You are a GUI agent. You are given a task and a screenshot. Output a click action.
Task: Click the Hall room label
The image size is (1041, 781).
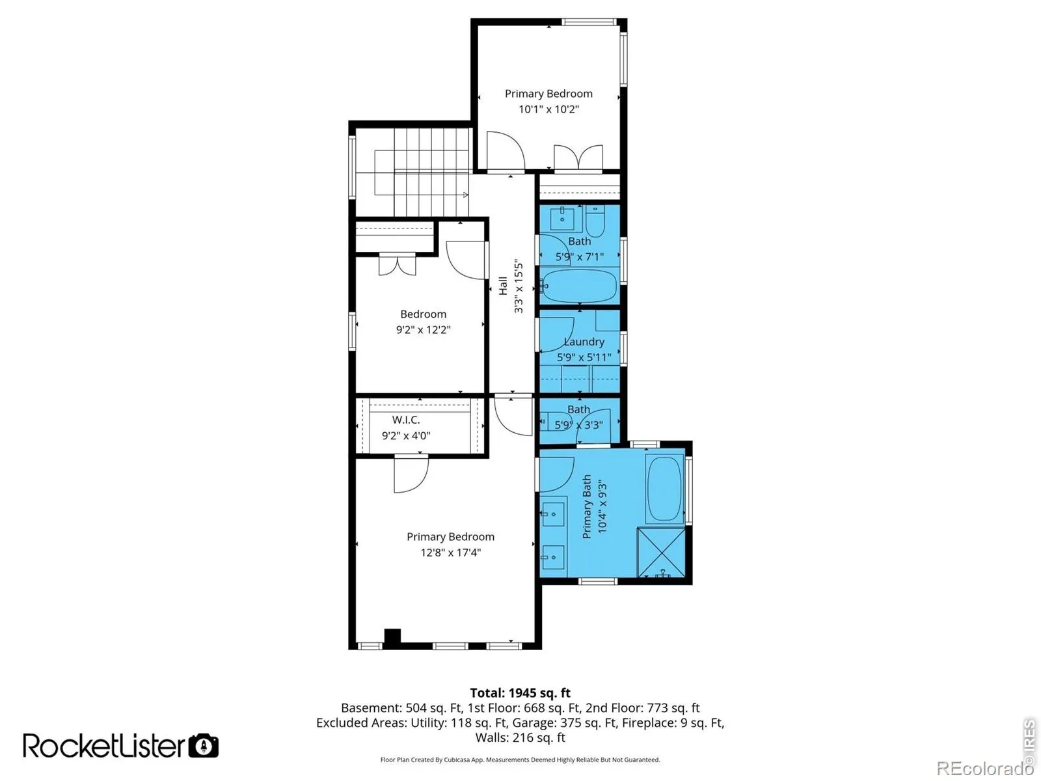pyautogui.click(x=503, y=286)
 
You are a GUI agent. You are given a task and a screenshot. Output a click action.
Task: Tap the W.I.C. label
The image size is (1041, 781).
pyautogui.click(x=405, y=420)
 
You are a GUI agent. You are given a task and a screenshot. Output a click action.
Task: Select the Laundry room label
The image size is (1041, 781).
pyautogui.click(x=584, y=342)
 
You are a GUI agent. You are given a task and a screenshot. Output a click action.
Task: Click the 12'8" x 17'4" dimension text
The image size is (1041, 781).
pyautogui.click(x=450, y=553)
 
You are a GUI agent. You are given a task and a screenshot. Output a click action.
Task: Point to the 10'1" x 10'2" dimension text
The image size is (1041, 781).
pyautogui.click(x=548, y=109)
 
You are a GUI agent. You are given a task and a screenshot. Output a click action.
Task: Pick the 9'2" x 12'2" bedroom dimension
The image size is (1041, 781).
pyautogui.click(x=423, y=329)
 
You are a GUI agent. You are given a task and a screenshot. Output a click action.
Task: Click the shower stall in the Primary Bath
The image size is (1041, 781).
pyautogui.click(x=662, y=553)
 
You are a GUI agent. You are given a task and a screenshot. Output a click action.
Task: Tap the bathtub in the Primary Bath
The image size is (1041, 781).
pyautogui.click(x=664, y=489)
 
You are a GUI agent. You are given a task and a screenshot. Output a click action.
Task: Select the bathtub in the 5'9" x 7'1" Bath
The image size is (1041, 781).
pyautogui.click(x=580, y=286)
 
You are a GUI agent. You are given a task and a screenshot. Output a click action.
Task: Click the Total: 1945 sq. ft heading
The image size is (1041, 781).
pyautogui.click(x=520, y=692)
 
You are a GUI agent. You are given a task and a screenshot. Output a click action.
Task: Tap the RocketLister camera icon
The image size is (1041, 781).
pyautogui.click(x=204, y=746)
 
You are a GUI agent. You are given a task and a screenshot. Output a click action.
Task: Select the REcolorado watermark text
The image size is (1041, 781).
pyautogui.click(x=985, y=768)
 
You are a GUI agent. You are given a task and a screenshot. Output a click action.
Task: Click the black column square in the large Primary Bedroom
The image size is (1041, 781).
pyautogui.click(x=392, y=637)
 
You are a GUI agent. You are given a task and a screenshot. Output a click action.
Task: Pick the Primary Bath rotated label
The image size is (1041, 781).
pyautogui.click(x=587, y=506)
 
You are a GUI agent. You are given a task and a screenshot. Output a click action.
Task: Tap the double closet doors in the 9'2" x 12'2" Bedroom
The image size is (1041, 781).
pyautogui.click(x=398, y=265)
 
